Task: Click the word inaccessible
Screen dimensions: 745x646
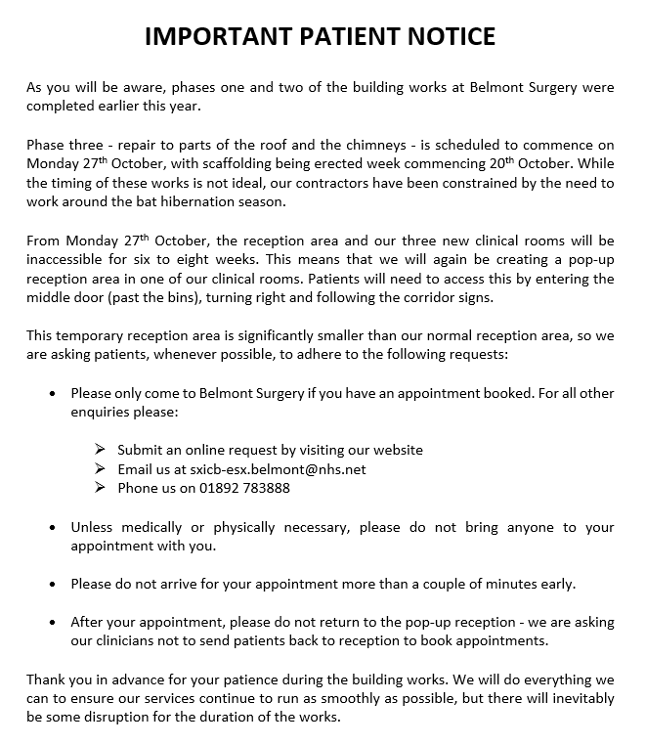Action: pos(68,259)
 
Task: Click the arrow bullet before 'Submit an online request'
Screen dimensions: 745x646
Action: pos(100,450)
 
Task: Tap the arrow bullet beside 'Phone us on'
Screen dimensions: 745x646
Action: pos(100,488)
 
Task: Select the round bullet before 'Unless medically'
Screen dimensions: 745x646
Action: pos(52,527)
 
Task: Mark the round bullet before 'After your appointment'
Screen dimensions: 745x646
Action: pos(52,622)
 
